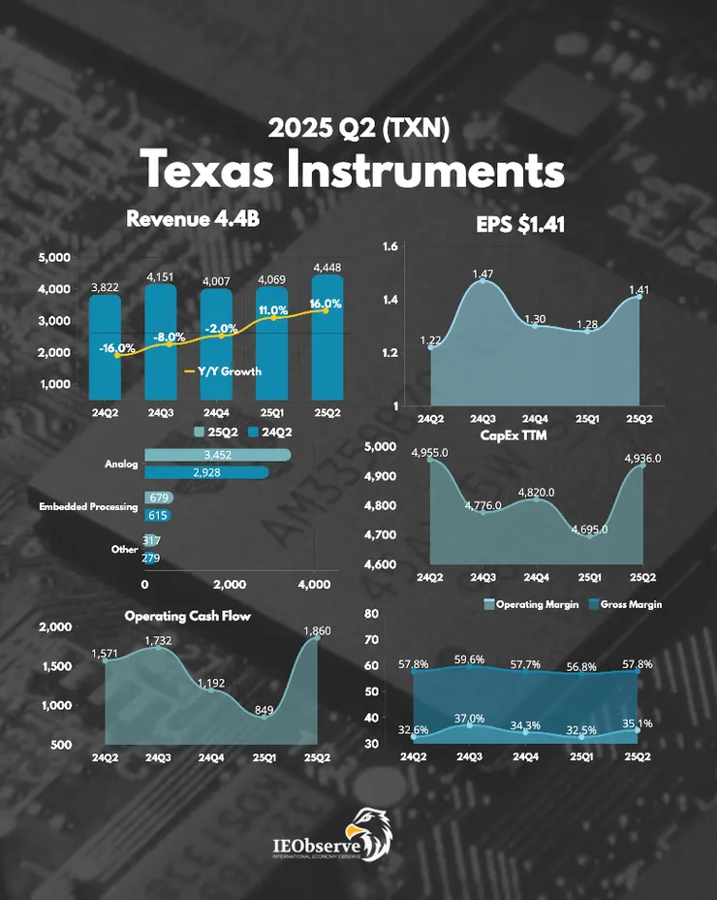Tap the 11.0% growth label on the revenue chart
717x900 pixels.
point(274,310)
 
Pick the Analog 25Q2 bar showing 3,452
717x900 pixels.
point(217,455)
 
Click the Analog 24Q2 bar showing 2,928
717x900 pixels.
point(205,472)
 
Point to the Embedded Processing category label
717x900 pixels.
point(88,506)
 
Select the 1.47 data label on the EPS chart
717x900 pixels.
point(483,275)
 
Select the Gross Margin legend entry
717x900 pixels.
point(624,604)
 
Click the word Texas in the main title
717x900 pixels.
point(209,171)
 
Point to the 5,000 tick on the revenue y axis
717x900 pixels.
point(54,258)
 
